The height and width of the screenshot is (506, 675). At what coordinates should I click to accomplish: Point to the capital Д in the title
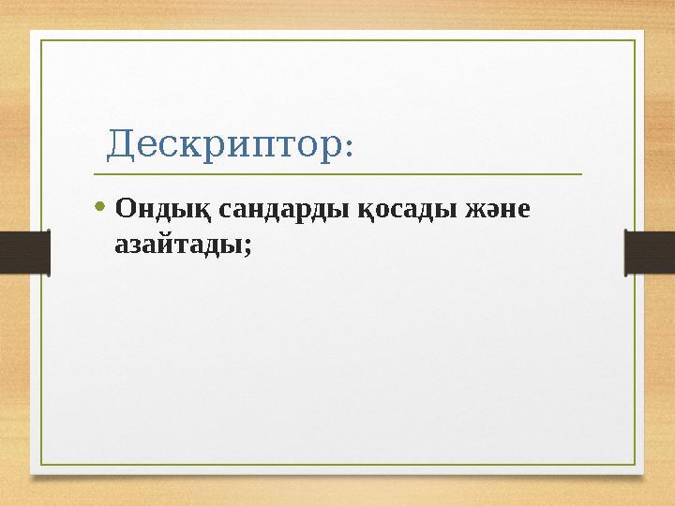[120, 144]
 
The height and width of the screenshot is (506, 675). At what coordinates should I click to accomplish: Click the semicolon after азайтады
[247, 246]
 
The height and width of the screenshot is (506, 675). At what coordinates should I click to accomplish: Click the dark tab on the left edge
[24, 253]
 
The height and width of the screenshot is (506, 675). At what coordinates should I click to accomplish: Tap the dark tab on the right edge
[650, 253]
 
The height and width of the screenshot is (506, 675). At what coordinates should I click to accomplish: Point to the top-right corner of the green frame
[636, 40]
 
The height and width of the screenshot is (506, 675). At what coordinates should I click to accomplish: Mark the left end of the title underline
[94, 174]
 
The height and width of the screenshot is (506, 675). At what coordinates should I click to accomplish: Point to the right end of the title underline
[581, 174]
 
